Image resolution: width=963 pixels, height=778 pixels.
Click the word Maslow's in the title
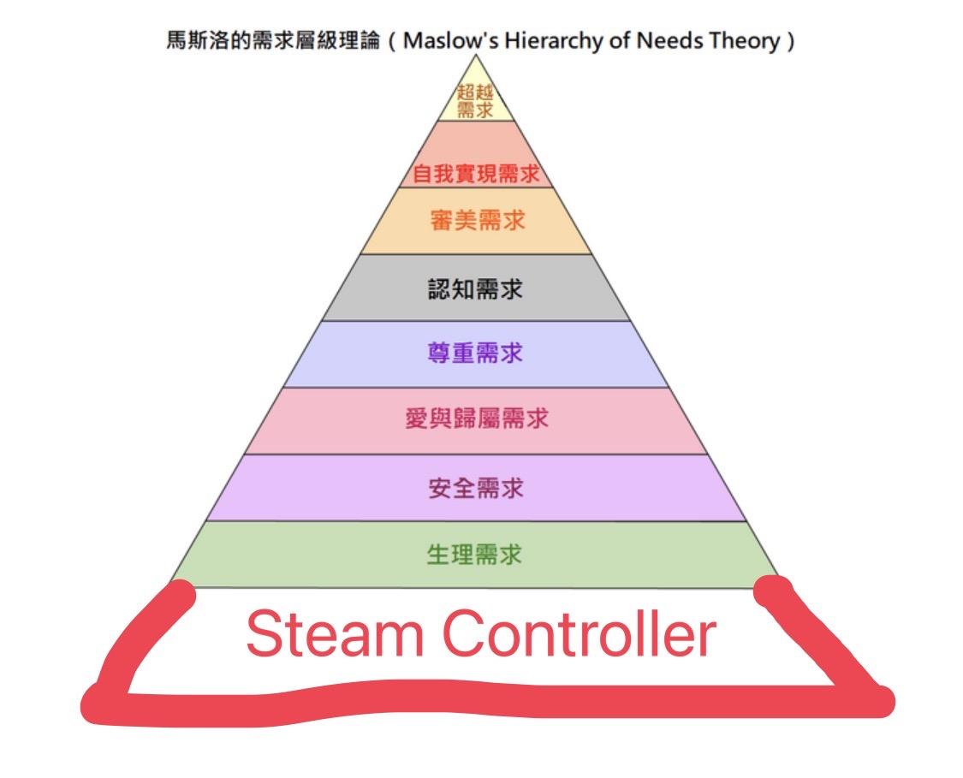(450, 40)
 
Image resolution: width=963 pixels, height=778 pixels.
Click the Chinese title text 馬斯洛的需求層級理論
(274, 40)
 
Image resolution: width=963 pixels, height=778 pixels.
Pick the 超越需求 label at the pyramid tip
(475, 101)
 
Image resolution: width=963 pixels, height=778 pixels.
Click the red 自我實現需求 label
(476, 174)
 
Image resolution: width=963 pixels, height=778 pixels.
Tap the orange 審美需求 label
(477, 221)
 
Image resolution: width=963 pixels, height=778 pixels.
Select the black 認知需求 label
(475, 288)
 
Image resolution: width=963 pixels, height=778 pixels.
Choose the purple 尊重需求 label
(475, 353)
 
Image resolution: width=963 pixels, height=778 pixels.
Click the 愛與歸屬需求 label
(477, 419)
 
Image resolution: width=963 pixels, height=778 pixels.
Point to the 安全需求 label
(476, 488)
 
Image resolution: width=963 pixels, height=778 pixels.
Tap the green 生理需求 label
(474, 555)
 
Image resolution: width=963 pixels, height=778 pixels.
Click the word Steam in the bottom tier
(336, 633)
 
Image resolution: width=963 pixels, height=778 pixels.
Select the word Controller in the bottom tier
(580, 633)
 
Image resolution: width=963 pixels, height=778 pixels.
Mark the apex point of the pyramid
(476, 56)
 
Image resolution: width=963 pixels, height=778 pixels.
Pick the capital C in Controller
(467, 633)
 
